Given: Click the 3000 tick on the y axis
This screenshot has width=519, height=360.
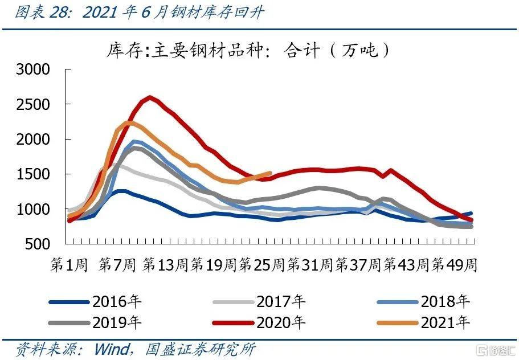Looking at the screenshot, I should (x=34, y=69).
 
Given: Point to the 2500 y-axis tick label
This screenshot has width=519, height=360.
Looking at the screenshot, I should (x=34, y=104).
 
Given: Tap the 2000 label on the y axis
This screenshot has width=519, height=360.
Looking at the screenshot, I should (x=34, y=139).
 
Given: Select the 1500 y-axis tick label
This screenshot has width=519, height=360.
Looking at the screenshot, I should (x=34, y=174).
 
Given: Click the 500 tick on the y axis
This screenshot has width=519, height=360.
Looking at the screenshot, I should (x=39, y=244).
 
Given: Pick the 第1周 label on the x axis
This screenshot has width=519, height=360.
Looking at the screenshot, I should (x=68, y=265).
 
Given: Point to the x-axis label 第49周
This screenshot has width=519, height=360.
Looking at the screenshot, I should (x=454, y=265).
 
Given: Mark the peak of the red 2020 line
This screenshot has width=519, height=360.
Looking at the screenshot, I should (x=149, y=97).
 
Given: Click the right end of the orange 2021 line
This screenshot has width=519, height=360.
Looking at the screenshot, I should (x=270, y=174).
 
